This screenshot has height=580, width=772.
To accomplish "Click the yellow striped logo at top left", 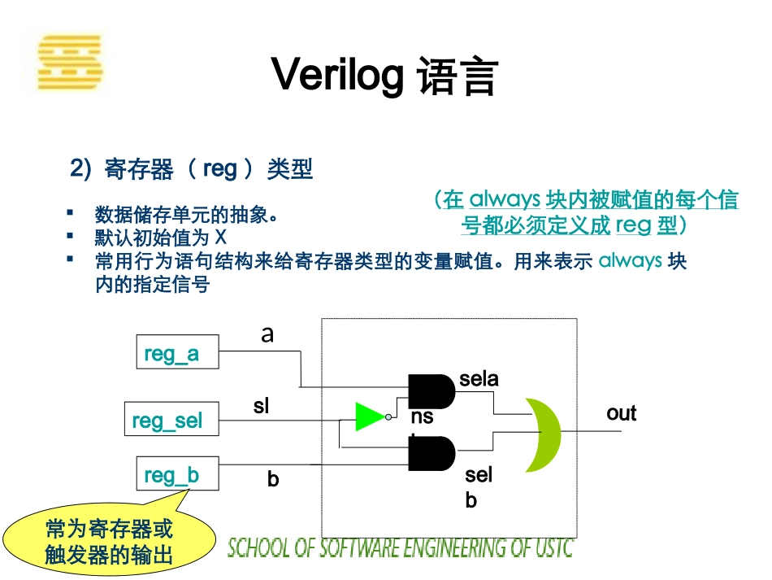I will pos(70,62).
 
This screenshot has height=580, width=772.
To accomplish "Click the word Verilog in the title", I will pos(336,76).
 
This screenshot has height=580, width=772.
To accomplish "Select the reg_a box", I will pos(176,353).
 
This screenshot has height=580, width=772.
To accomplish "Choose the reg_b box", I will pos(176,474).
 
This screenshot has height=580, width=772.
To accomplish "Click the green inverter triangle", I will pos(370,416).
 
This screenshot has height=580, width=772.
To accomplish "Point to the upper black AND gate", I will pos(431,392).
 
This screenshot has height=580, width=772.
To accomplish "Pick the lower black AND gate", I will pos(431,453).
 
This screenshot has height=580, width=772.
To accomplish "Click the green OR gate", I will pos(543,434).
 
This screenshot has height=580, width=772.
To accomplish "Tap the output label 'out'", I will pos(621,413).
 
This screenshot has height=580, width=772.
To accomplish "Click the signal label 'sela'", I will pos(479,378).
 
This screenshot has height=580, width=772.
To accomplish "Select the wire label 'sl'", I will pos(261,405).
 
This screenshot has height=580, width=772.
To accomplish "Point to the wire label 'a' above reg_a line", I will pos(267,334).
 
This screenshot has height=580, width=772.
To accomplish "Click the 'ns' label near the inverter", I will pos(422,417).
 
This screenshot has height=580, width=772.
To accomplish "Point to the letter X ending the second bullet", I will pos(220,238).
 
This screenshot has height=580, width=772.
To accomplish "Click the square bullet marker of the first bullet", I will pos(71,213).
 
